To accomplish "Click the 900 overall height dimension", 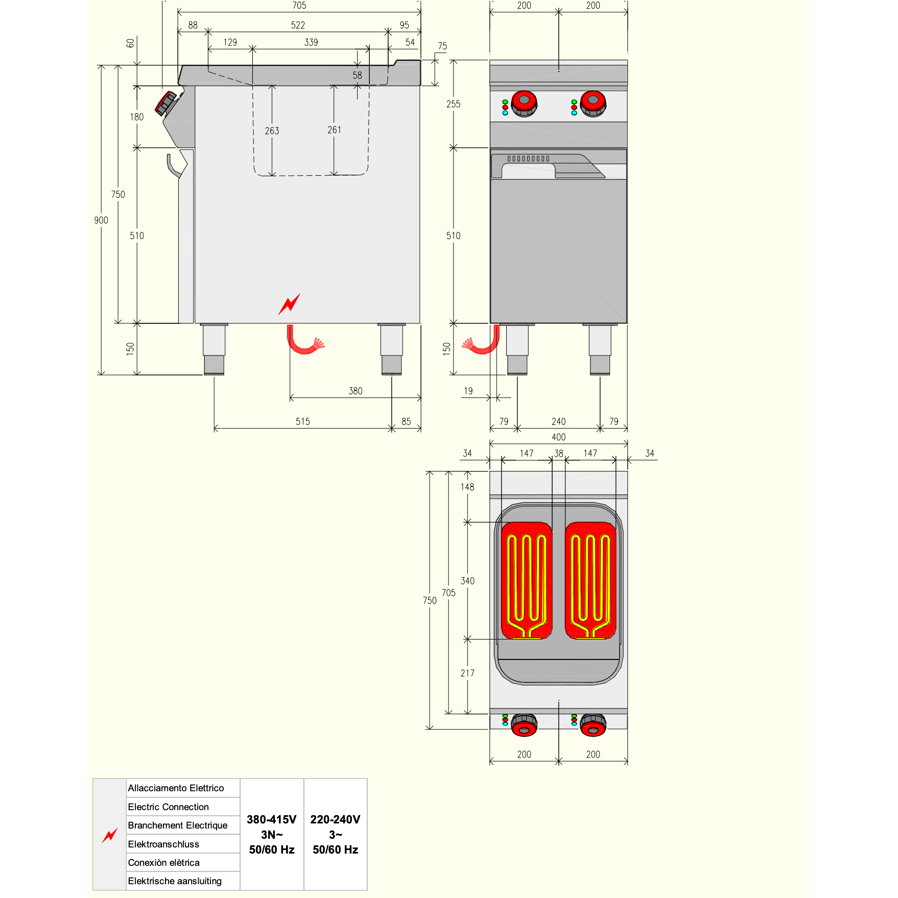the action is [101, 220].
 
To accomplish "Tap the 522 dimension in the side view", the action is [298, 25].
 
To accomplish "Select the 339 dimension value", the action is [311, 42].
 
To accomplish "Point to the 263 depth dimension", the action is [272, 131].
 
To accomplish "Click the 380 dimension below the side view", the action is [356, 391].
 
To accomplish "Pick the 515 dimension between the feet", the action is [303, 421].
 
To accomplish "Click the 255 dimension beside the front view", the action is [454, 104].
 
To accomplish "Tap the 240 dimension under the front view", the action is [559, 421].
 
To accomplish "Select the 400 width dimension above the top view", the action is [559, 437].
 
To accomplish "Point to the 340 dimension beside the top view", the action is [468, 581].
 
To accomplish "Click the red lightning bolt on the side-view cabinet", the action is [289, 304].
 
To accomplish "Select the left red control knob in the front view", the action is [524, 104].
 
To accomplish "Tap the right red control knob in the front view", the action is [593, 104].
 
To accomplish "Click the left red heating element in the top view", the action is [527, 580].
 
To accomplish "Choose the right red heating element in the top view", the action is [590, 580].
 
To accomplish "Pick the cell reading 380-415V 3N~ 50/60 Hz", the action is [272, 834].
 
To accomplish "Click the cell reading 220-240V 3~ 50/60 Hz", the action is [336, 834].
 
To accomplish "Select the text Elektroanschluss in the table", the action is [163, 844].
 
